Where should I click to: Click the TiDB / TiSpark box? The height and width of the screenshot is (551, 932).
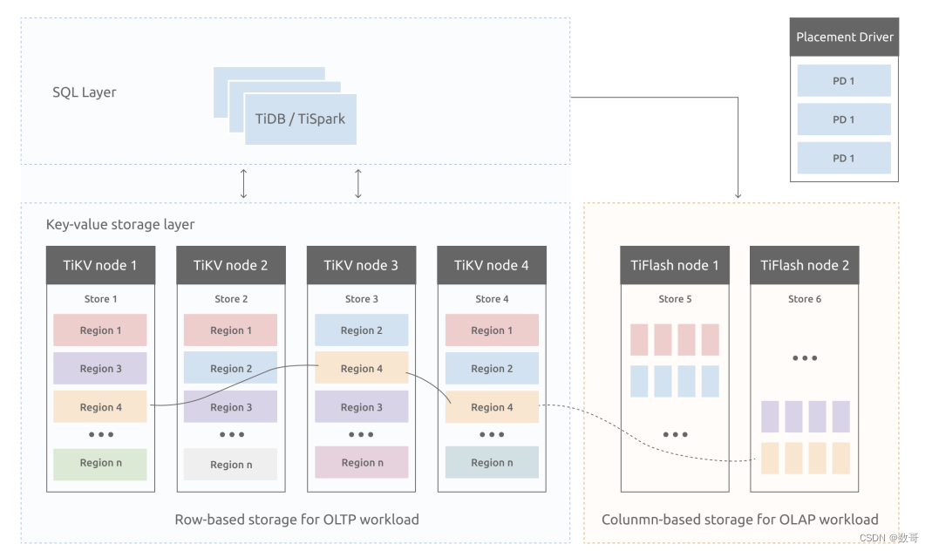click(x=300, y=119)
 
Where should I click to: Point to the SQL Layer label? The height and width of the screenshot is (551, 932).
click(x=84, y=92)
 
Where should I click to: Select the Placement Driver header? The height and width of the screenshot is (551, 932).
click(x=844, y=37)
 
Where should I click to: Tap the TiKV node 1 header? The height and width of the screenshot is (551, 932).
click(x=100, y=265)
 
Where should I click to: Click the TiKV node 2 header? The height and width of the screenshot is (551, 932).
click(x=230, y=265)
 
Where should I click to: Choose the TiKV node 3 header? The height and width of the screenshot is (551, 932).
click(x=361, y=265)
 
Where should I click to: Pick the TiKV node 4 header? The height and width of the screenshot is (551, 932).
click(x=492, y=265)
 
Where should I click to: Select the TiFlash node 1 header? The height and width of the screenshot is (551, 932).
click(x=675, y=265)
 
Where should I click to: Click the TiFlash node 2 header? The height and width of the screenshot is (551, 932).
click(x=804, y=265)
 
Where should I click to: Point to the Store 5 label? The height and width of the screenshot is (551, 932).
click(x=675, y=299)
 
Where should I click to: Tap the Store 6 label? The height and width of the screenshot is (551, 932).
click(x=805, y=299)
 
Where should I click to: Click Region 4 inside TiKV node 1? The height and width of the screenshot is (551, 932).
click(x=100, y=407)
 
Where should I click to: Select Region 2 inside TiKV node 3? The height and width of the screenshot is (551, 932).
click(x=361, y=330)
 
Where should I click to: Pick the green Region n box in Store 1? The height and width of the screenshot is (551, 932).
click(x=100, y=463)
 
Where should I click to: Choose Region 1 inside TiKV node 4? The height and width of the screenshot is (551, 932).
click(x=492, y=330)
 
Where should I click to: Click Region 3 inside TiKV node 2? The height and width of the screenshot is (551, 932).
click(x=230, y=407)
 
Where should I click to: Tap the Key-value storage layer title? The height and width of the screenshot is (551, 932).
click(x=120, y=224)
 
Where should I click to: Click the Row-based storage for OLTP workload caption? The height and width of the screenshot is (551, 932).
click(x=296, y=520)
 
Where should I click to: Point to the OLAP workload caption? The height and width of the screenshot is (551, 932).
click(x=739, y=520)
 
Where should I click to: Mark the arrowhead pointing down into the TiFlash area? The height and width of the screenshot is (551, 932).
click(x=738, y=195)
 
